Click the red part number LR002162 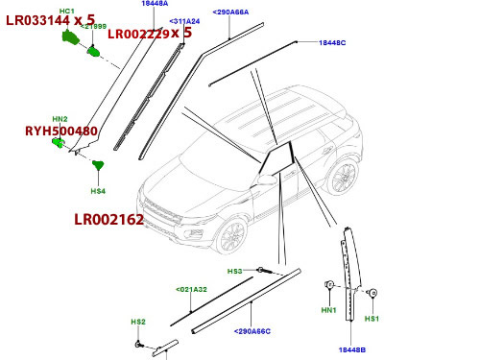tap(108, 220)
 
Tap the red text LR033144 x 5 tap(50, 19)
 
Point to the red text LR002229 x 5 tap(149, 34)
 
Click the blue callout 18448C tap(332, 44)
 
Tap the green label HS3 tap(234, 272)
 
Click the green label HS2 tap(137, 322)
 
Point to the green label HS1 tap(372, 318)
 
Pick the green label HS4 tap(98, 191)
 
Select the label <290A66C tap(252, 331)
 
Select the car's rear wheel tap(342, 178)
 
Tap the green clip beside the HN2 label tap(59, 144)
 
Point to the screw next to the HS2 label tap(140, 343)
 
